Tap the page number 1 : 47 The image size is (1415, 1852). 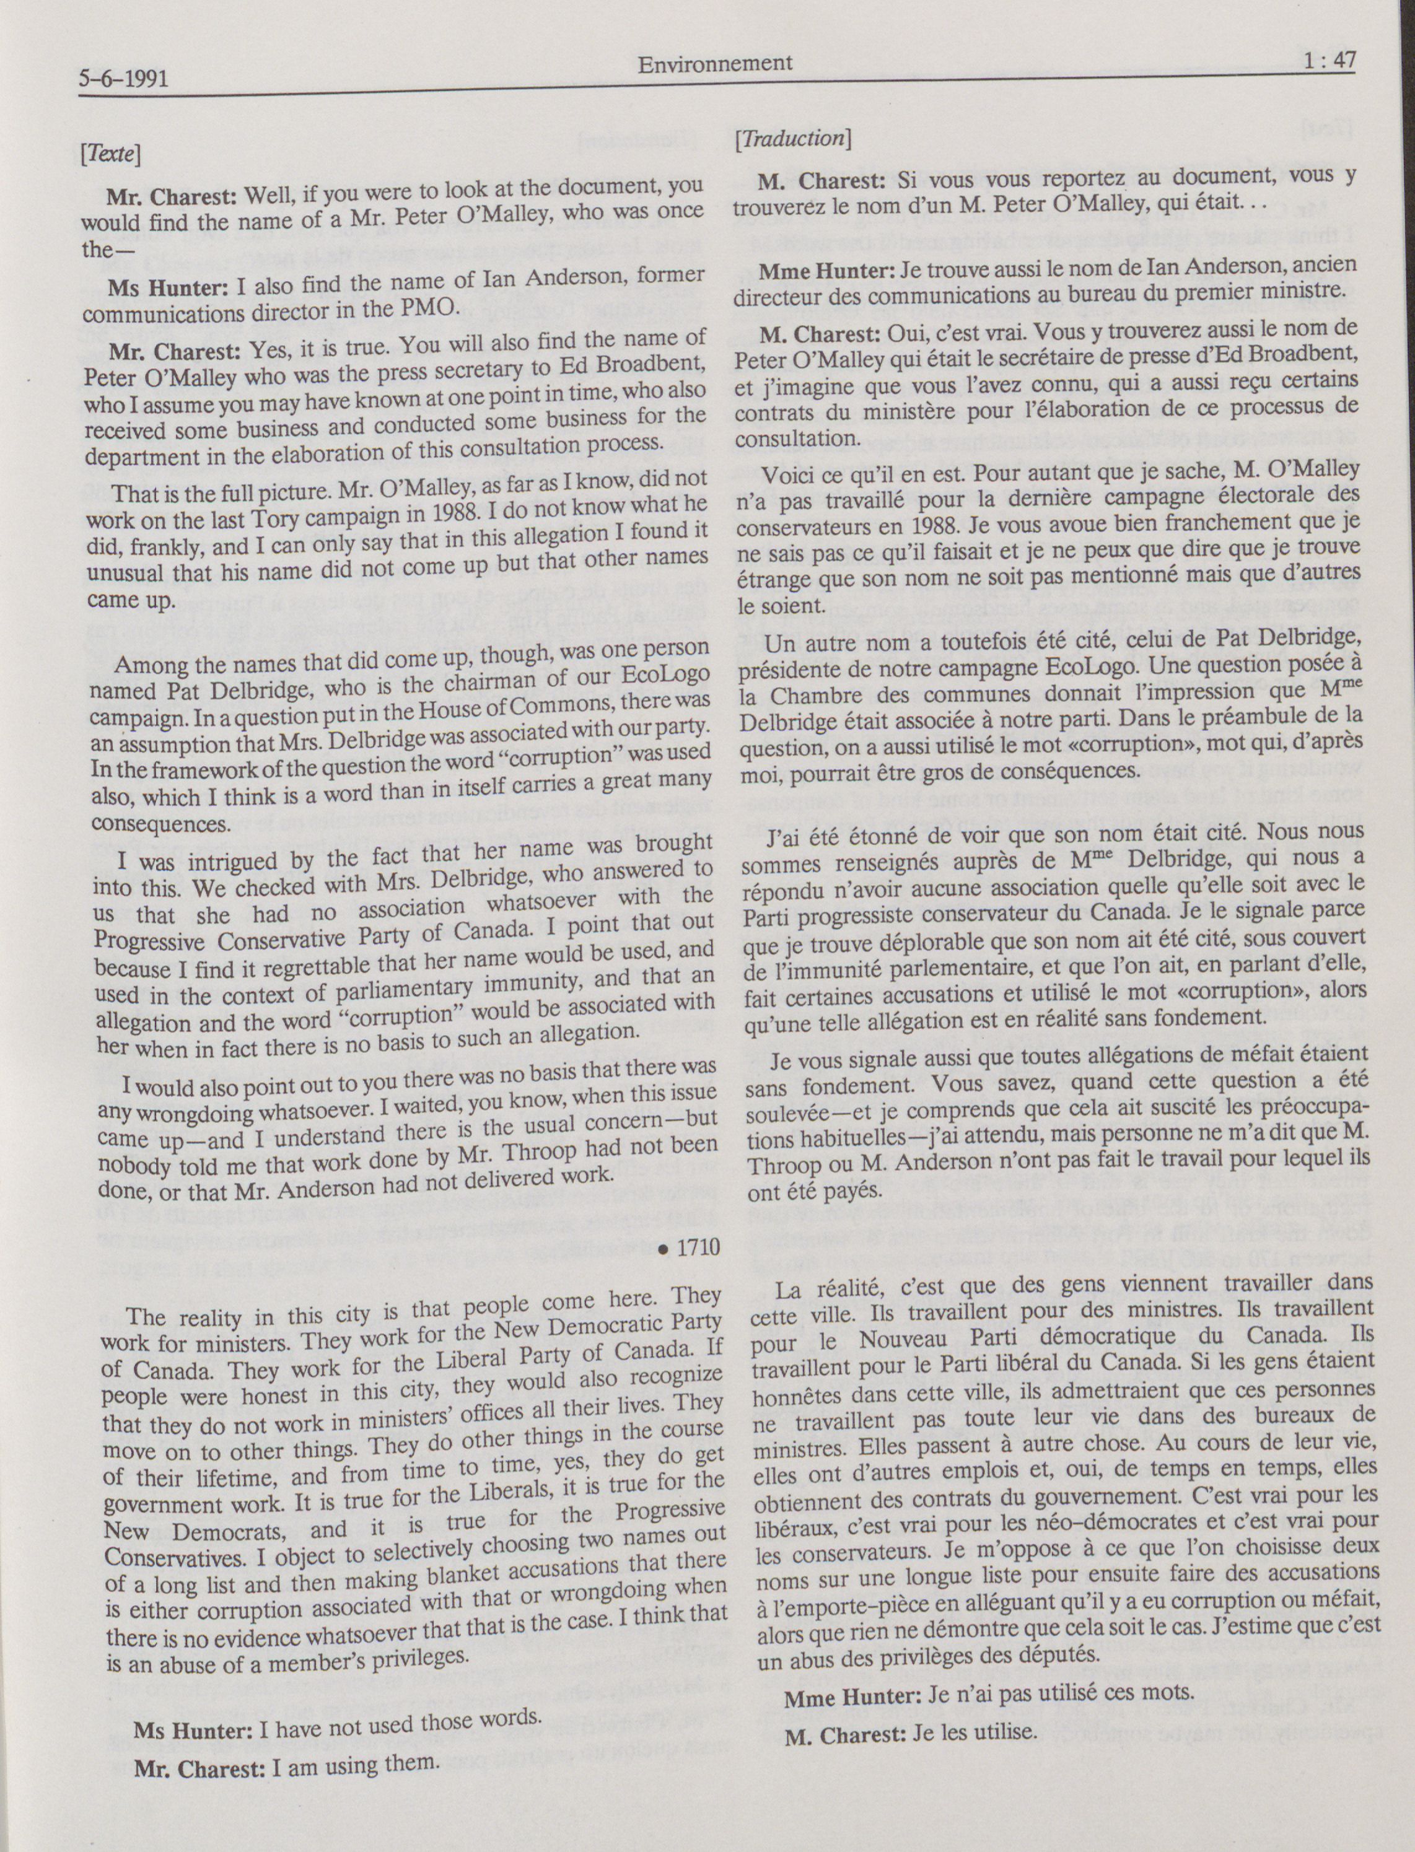1321,60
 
